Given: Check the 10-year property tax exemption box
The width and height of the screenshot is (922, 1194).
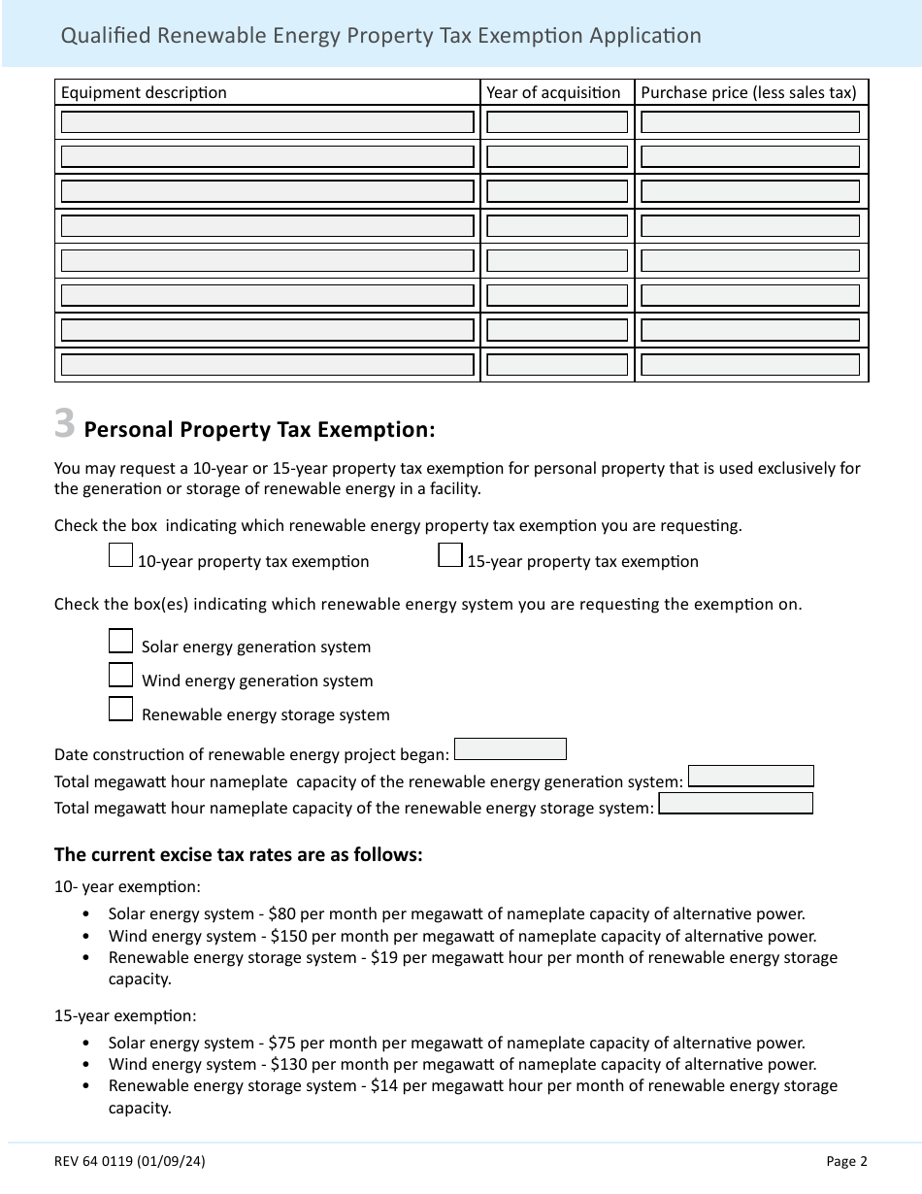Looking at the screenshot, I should point(120,555).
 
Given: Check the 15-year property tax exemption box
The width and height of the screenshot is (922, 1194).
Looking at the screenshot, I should point(450,555).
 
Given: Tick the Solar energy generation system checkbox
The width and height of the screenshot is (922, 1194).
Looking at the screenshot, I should point(120,642).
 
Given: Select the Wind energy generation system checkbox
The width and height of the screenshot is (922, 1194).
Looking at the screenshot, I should point(120,676).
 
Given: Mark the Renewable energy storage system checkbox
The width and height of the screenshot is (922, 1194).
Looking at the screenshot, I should point(120,710).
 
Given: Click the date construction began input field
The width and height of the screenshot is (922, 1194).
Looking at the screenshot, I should point(510,749).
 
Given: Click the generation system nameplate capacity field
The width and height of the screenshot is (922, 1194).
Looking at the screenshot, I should point(750,777).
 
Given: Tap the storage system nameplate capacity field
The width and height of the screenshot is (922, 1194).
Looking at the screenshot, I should point(735,804).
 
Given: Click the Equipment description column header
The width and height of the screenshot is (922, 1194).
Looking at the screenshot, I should point(144,93).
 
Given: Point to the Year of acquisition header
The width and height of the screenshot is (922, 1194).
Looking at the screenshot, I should point(553,93).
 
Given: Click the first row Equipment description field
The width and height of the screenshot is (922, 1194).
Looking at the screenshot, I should point(267,122).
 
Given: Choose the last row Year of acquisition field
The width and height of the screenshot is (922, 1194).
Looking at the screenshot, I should point(557,365).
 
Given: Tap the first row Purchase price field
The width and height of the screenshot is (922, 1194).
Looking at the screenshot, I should point(750,122).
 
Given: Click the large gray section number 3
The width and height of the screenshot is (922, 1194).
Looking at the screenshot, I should point(64,424).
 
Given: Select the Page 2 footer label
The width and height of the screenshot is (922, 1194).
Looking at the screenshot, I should point(846,1161).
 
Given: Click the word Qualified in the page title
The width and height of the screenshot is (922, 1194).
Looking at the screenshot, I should point(99,36).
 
